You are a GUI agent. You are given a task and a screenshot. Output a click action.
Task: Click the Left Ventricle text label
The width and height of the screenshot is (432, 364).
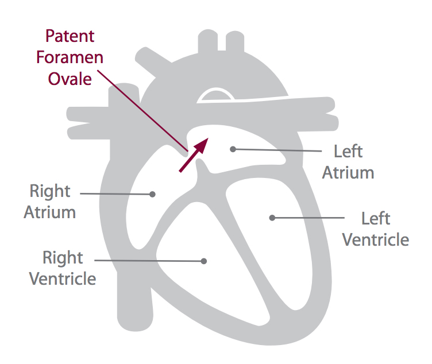(x=376, y=229)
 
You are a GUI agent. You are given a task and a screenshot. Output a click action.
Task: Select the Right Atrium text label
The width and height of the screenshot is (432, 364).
(x=50, y=201)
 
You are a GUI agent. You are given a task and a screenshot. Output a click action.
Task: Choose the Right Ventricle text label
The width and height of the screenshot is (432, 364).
(x=62, y=268)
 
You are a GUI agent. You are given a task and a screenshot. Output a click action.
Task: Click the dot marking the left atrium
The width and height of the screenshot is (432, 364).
(x=233, y=149)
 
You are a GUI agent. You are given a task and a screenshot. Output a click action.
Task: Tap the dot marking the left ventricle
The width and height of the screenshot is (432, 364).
(x=272, y=218)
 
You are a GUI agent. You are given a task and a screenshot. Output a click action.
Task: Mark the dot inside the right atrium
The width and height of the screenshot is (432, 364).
(x=152, y=194)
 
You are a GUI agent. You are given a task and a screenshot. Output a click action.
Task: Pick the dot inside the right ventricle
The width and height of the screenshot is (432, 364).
(x=203, y=261)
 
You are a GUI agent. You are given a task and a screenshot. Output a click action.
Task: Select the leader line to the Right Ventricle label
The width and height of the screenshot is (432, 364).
(x=149, y=260)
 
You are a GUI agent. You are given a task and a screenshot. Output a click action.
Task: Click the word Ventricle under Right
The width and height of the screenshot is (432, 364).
(x=62, y=278)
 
